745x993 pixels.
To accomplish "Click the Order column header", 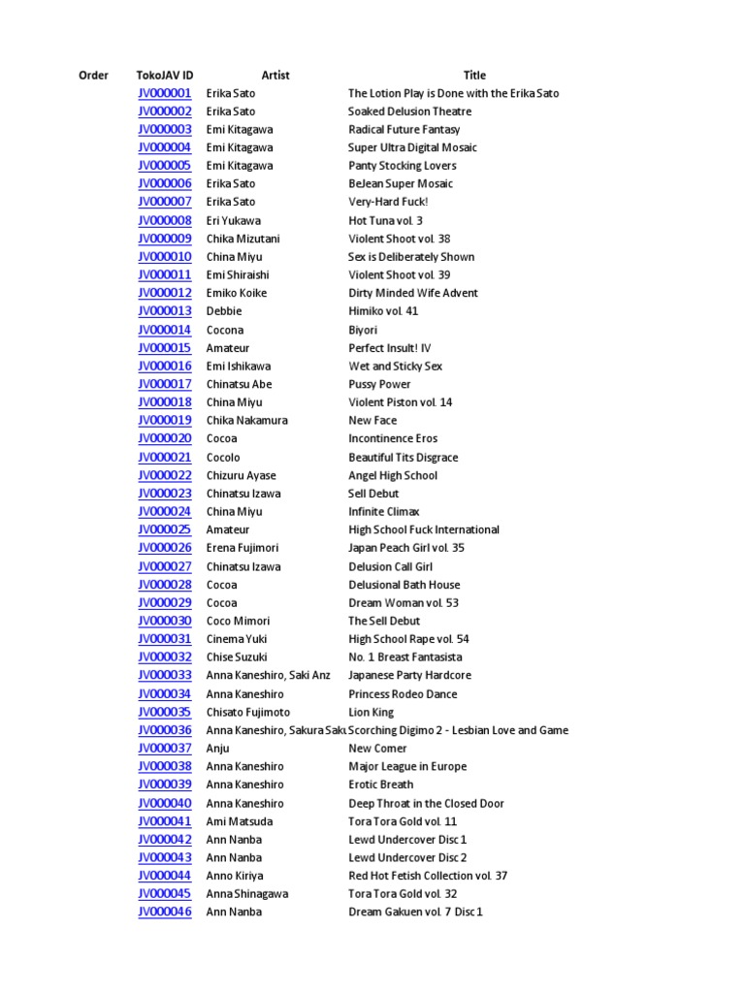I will [93, 75].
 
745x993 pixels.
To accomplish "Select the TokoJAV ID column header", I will [165, 75].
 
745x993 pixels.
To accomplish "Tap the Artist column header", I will [275, 75].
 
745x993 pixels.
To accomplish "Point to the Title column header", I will [474, 75].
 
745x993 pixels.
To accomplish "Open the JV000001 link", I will [165, 93].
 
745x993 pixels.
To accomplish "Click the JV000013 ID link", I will [165, 311].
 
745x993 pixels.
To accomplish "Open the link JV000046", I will [165, 912].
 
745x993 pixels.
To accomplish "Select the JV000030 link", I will [165, 621].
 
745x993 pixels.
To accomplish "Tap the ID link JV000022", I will [165, 475].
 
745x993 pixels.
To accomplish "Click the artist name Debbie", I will [224, 311].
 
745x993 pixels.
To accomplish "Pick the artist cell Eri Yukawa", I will [234, 220].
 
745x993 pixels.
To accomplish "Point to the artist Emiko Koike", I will [237, 293].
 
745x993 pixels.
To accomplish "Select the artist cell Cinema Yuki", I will [237, 639].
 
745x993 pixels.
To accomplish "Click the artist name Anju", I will [219, 748].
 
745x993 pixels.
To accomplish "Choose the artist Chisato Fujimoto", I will [248, 712].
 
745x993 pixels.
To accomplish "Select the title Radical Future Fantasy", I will [405, 129].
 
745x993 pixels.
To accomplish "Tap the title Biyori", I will [365, 330].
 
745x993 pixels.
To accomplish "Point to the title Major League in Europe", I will [407, 766].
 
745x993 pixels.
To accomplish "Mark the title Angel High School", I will [393, 475].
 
